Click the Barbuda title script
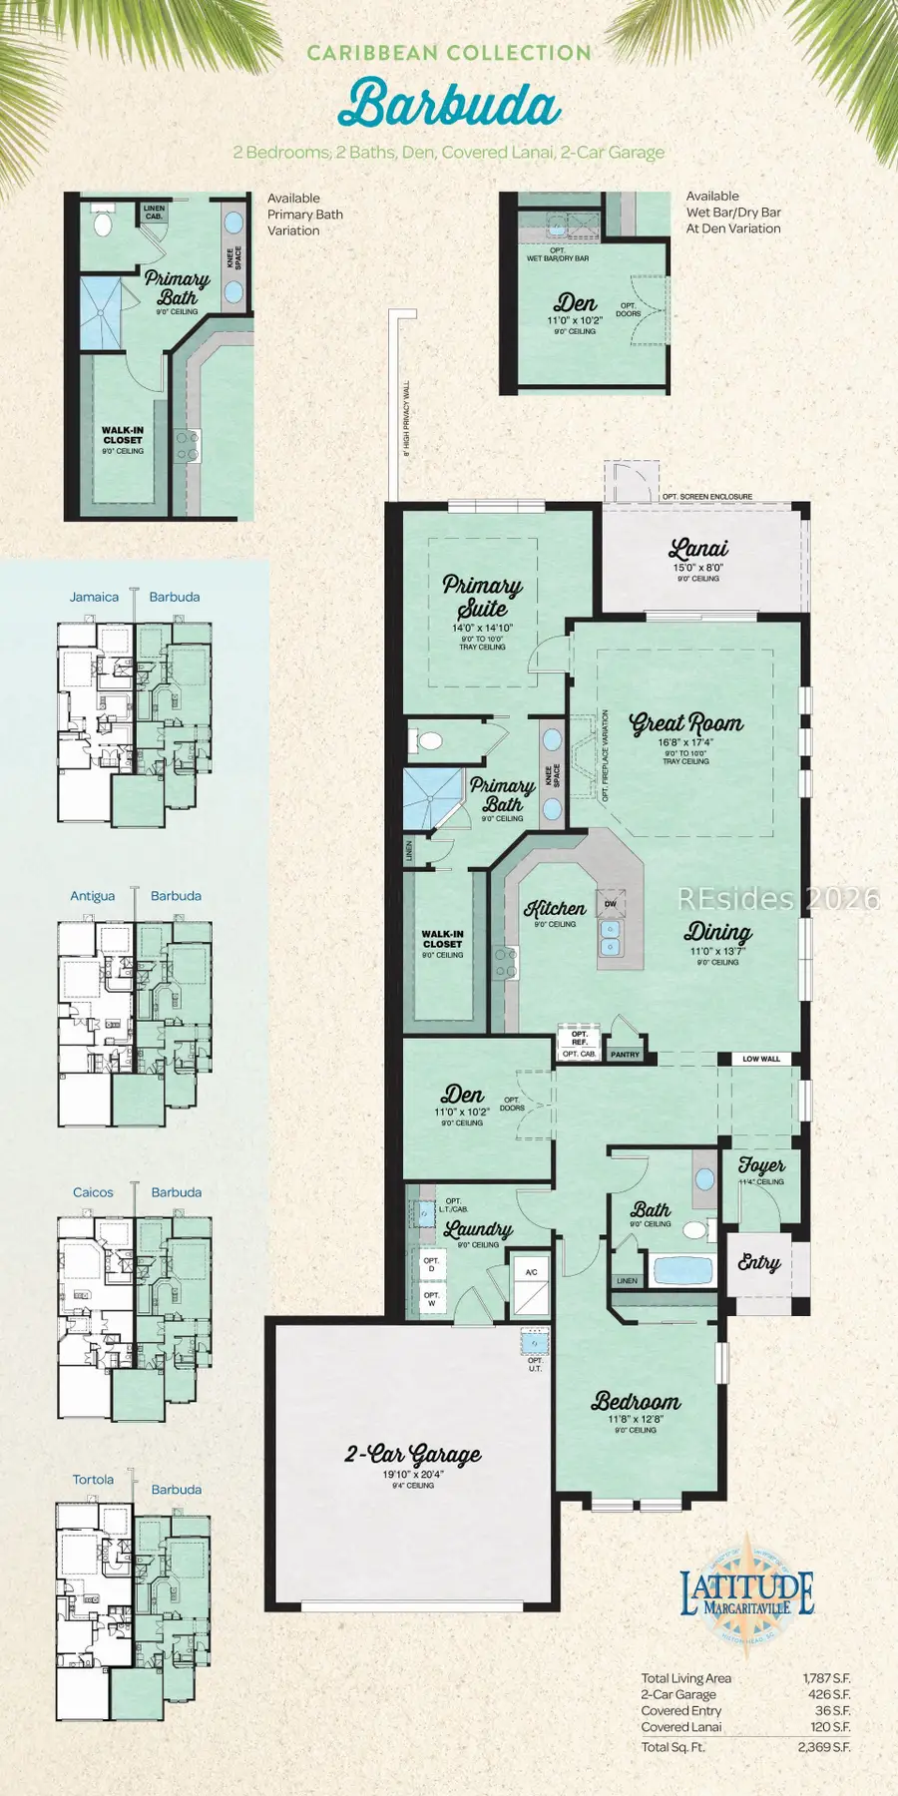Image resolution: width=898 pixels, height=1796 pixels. pyautogui.click(x=449, y=105)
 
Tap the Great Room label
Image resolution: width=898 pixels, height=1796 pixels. pyautogui.click(x=685, y=722)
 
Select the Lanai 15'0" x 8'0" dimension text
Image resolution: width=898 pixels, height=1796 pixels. pyautogui.click(x=697, y=568)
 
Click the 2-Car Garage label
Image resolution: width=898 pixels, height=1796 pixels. pyautogui.click(x=413, y=1454)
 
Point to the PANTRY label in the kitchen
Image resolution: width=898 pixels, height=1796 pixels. pyautogui.click(x=625, y=1055)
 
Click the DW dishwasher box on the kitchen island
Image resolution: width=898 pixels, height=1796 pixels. pyautogui.click(x=611, y=904)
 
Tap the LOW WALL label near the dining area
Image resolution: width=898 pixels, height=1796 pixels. pyautogui.click(x=761, y=1059)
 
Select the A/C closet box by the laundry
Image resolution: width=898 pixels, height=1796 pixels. pyautogui.click(x=531, y=1272)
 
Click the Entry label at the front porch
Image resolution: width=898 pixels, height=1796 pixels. pyautogui.click(x=758, y=1262)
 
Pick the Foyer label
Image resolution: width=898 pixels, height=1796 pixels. pyautogui.click(x=761, y=1164)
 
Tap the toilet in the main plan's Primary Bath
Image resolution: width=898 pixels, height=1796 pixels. pyautogui.click(x=430, y=741)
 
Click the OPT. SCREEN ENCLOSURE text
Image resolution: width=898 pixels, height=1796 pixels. pyautogui.click(x=707, y=496)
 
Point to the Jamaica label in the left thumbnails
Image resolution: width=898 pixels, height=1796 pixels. pyautogui.click(x=94, y=597)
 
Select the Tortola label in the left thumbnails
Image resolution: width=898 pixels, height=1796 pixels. pyautogui.click(x=93, y=1480)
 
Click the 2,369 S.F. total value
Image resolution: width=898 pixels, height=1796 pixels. pyautogui.click(x=823, y=1747)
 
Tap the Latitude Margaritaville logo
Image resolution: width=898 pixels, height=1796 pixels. pyautogui.click(x=746, y=1594)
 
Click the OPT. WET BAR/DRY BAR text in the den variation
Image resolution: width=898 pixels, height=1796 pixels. pyautogui.click(x=558, y=254)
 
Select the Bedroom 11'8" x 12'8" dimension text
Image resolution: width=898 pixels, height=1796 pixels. pyautogui.click(x=636, y=1419)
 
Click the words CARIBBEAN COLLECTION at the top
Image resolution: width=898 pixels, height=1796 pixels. pyautogui.click(x=449, y=53)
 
